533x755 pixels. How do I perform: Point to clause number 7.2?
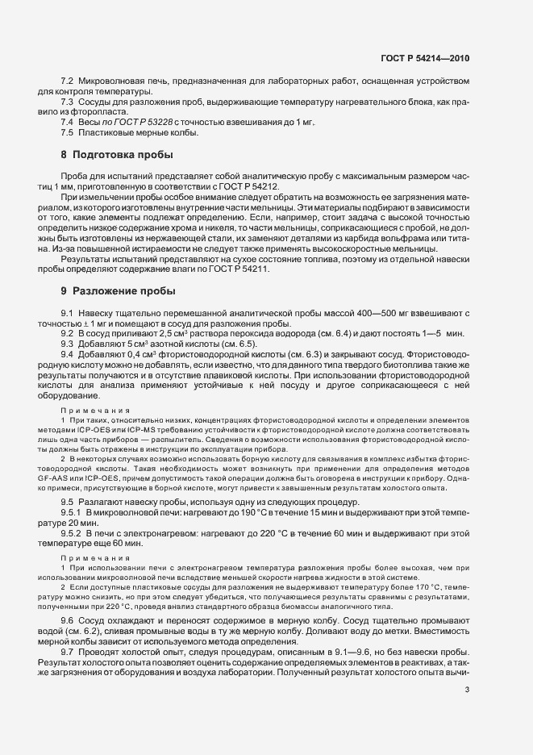point(68,82)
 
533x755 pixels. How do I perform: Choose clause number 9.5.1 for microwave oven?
point(72,512)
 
